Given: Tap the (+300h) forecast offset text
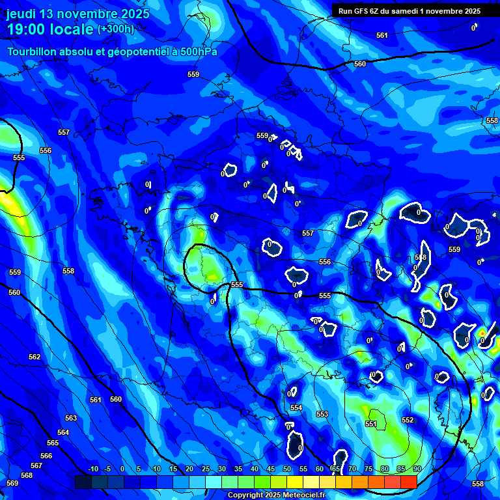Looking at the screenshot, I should [x=116, y=29].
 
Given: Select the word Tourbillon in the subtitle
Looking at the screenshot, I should [x=33, y=51].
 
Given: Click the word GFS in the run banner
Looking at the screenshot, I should [x=363, y=10].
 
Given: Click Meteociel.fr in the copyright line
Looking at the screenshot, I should [x=301, y=495].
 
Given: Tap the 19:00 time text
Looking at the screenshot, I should [x=32, y=29].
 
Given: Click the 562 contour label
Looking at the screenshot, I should [x=35, y=357].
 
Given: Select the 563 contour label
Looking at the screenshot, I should [x=71, y=418].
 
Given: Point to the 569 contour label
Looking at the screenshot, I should [x=12, y=483].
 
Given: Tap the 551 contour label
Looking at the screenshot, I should [x=370, y=424].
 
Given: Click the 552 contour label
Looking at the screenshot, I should [x=408, y=420].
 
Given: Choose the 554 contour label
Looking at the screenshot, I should [x=296, y=408].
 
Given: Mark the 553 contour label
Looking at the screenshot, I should [x=322, y=414].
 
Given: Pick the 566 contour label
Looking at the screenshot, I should [x=46, y=456].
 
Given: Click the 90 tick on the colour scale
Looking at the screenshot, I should [x=417, y=469].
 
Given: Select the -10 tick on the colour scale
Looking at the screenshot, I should [x=92, y=469].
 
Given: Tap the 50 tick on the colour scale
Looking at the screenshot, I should [x=287, y=469].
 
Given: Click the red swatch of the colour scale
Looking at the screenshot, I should [x=408, y=482].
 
